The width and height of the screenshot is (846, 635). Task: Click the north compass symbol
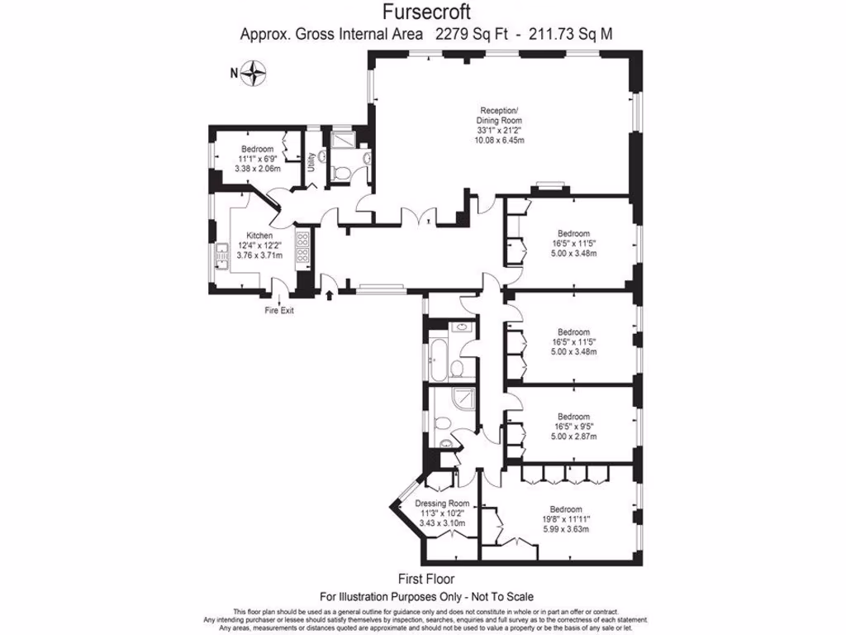[x=256, y=74]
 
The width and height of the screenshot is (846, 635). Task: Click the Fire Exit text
[x=278, y=311]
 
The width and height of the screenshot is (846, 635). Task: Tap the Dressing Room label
[x=441, y=504]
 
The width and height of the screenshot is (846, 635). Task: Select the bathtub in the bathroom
[x=435, y=356]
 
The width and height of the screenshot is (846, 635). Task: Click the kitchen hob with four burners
[x=302, y=246]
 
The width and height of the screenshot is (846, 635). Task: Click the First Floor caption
[x=425, y=579]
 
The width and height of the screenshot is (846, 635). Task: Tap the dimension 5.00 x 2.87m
[x=573, y=436]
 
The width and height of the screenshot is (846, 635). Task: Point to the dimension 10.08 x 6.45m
[x=500, y=140]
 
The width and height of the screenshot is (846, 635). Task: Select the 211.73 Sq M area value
[x=571, y=34]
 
